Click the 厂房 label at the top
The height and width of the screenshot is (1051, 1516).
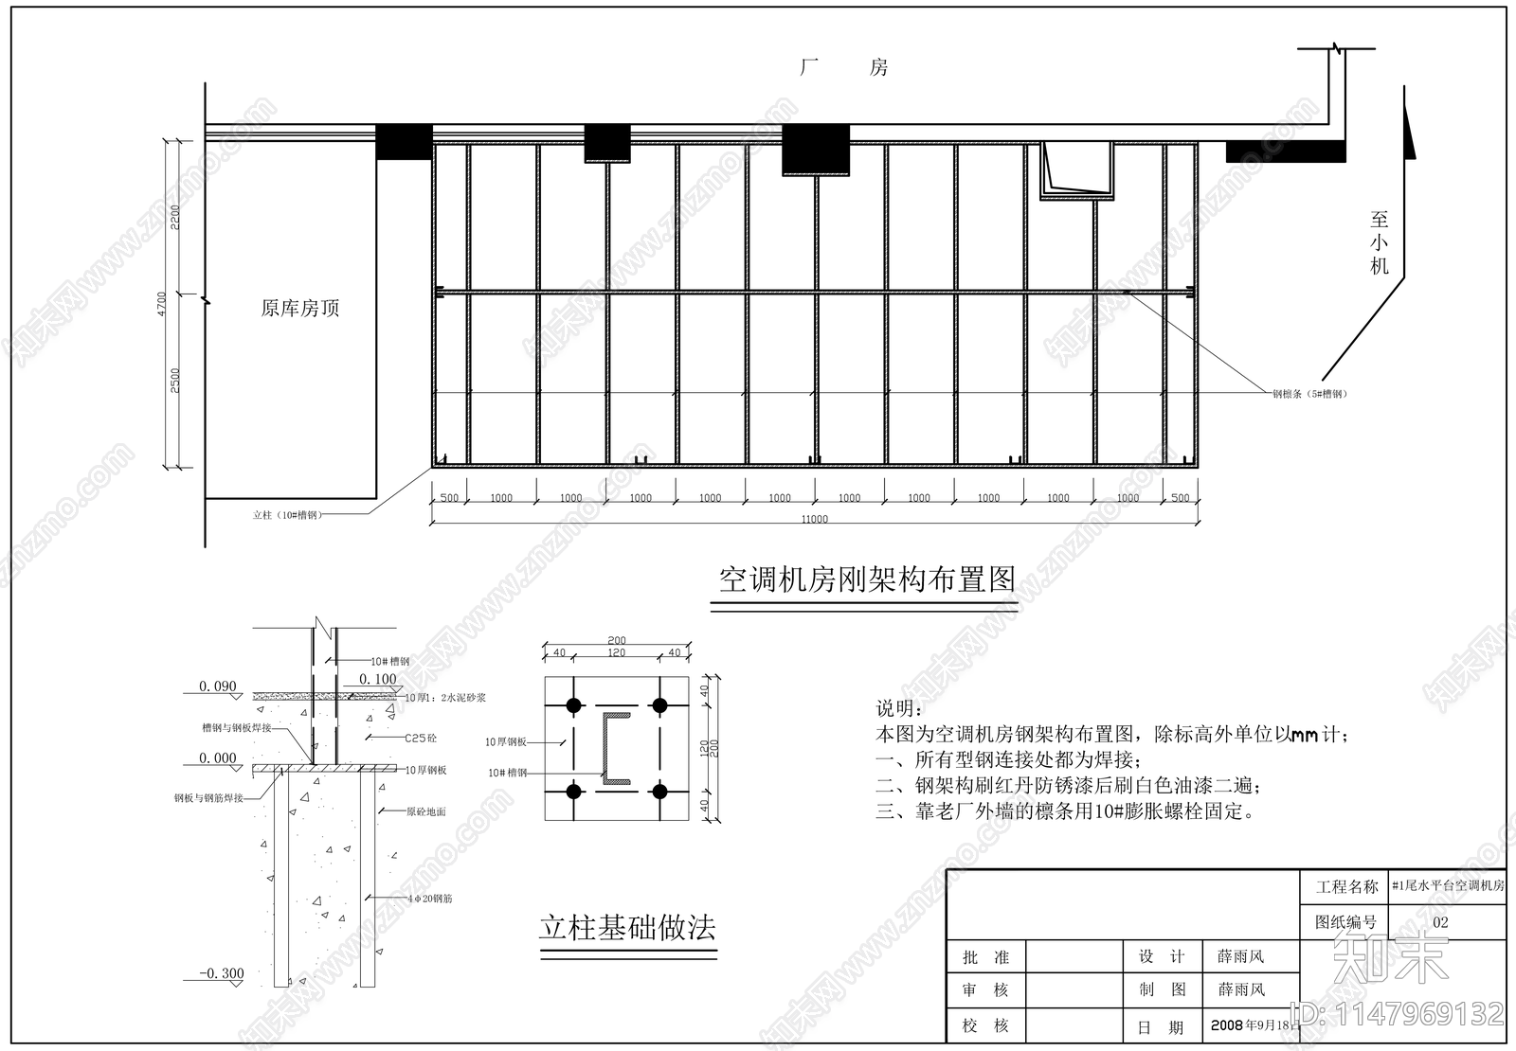pos(843,68)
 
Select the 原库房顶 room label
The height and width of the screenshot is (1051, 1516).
pos(299,309)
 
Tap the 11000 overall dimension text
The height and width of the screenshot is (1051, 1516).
pos(814,519)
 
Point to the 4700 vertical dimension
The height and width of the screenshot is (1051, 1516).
pos(162,304)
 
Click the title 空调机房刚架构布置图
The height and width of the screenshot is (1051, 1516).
pos(866,579)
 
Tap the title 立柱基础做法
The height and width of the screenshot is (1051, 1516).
pos(627,927)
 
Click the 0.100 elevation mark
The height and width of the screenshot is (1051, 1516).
pos(378,679)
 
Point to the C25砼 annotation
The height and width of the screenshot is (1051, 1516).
pos(420,738)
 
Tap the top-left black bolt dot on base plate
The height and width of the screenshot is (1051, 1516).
pos(573,705)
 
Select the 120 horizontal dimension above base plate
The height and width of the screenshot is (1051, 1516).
pos(616,653)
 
